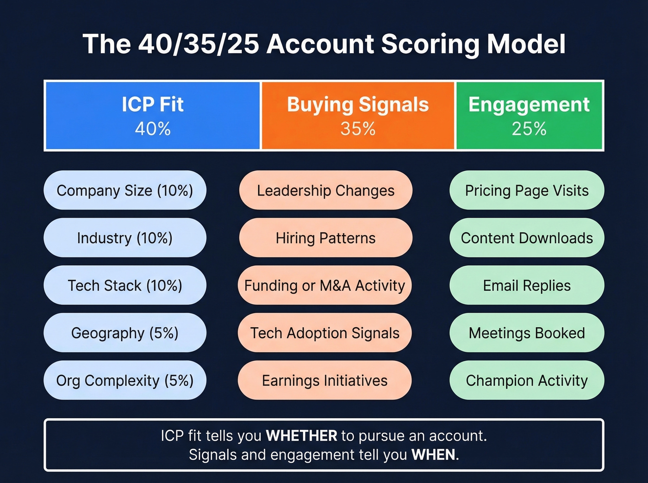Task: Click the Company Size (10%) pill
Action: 125,190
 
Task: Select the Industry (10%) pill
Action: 125,238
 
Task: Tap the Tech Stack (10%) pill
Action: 125,286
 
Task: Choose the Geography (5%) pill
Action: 125,333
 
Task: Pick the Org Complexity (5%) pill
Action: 125,380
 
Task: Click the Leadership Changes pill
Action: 325,190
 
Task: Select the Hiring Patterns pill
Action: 325,238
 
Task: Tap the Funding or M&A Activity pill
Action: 324,286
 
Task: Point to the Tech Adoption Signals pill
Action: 324,333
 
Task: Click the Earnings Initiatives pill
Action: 324,380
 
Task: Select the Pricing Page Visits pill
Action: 527,190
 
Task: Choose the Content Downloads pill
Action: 527,238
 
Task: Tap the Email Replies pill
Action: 527,286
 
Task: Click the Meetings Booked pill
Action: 527,333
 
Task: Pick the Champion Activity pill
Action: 527,380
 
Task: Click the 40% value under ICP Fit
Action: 153,128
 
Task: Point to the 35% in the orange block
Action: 358,128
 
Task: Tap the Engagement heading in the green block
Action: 529,104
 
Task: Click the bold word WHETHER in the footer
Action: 302,436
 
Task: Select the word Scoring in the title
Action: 430,44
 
